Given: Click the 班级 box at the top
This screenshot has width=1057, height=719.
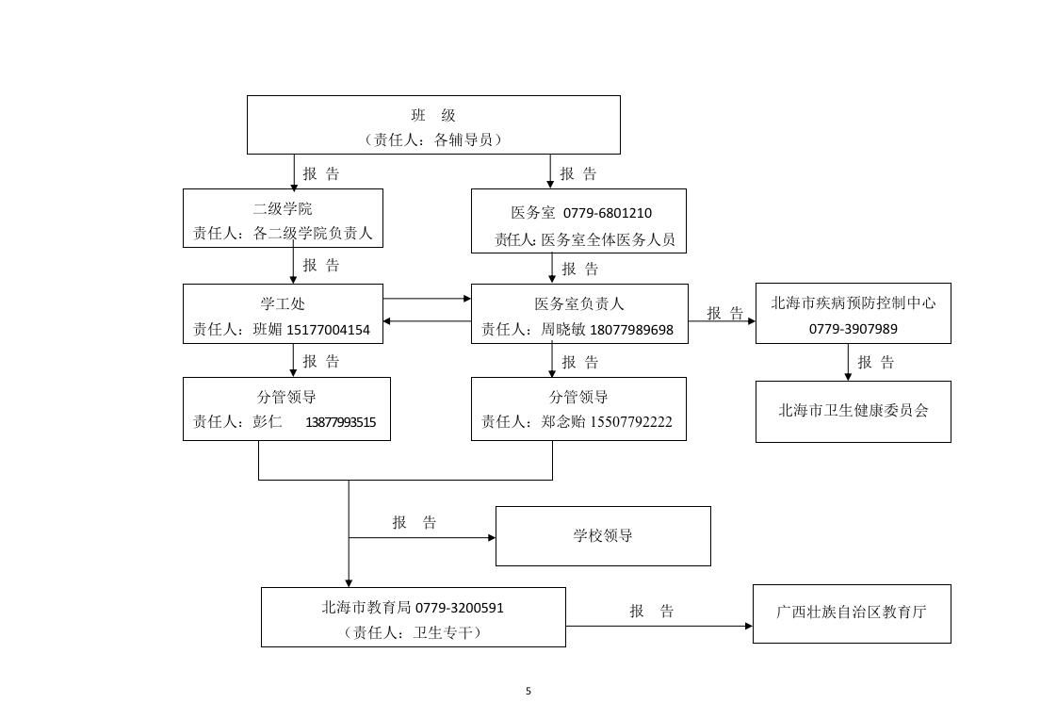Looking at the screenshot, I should [433, 124].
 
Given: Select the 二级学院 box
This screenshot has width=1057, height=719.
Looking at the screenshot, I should [283, 218].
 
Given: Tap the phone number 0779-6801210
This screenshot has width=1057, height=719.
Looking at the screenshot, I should [608, 214].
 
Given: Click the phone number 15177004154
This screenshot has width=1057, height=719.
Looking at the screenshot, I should [328, 330].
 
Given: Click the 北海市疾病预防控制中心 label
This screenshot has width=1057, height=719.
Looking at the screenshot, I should [853, 303].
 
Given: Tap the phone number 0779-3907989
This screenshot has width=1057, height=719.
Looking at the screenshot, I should [853, 329].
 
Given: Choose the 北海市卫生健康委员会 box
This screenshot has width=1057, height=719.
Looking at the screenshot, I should [853, 411].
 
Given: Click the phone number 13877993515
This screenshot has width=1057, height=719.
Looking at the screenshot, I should [340, 422].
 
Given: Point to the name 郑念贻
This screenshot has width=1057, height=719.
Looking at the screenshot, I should [563, 422].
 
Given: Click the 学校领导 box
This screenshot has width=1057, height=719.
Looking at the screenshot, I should [603, 536].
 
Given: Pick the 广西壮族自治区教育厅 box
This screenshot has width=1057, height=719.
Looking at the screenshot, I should [852, 613].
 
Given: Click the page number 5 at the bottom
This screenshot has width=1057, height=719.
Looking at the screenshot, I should [528, 691].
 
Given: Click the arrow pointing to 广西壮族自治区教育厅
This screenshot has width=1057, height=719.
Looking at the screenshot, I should [659, 626].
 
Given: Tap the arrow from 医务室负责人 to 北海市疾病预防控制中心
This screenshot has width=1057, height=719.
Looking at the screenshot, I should [722, 321].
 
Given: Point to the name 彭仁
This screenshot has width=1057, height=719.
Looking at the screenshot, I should [268, 422].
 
